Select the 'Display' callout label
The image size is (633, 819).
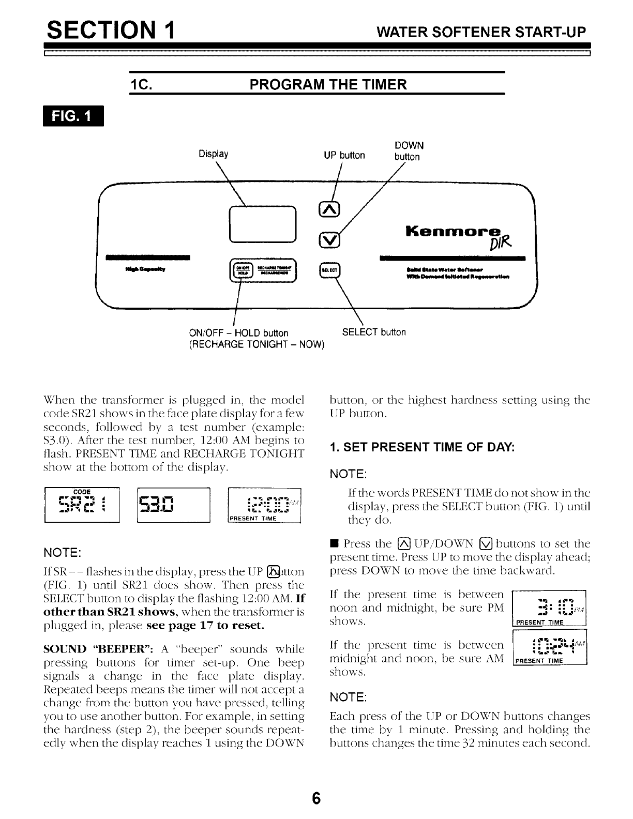coord(214,154)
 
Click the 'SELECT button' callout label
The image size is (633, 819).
coord(374,332)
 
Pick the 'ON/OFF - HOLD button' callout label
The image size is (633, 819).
coord(238,332)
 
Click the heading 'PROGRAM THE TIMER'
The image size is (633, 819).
coord(328,84)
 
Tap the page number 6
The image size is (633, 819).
coord(317,798)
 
